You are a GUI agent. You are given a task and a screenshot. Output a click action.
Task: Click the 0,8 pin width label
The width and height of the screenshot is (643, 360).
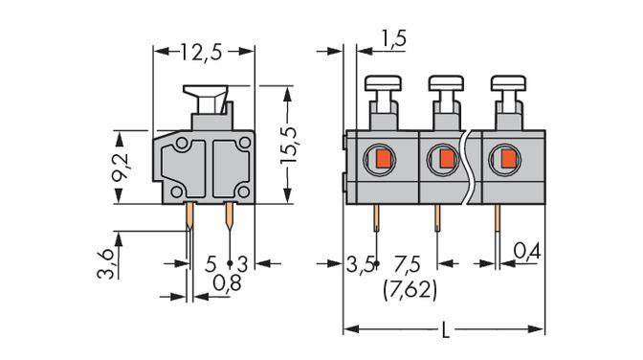[x=227, y=283]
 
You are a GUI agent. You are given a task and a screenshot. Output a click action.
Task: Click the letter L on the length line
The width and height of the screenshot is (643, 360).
[x=446, y=332]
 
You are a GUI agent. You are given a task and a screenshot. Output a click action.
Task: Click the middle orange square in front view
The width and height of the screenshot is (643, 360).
[x=445, y=157]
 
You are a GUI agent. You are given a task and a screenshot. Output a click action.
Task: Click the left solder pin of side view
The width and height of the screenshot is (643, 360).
[x=190, y=219]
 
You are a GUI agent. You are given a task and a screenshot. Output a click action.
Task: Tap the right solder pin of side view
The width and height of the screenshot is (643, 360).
[x=231, y=219]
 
